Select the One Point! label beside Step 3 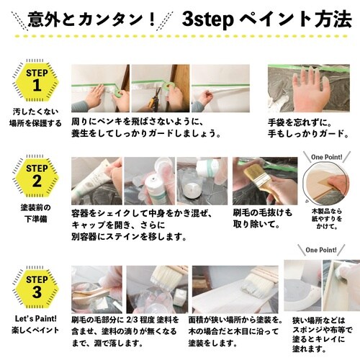317,251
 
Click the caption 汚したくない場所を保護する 34,118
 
